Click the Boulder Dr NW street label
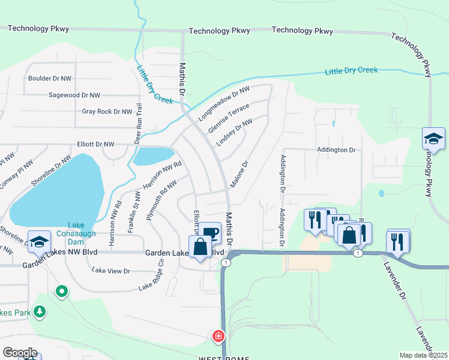tap(50, 78)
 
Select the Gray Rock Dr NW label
tap(107, 112)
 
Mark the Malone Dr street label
tap(239, 173)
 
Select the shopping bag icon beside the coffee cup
tap(199, 247)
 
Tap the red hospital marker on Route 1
tap(218, 336)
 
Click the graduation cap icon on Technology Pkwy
tap(433, 139)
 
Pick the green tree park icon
tap(40, 311)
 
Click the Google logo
tap(20, 352)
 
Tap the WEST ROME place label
tap(220, 357)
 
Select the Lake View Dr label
tap(111, 271)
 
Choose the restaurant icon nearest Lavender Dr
tap(397, 241)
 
